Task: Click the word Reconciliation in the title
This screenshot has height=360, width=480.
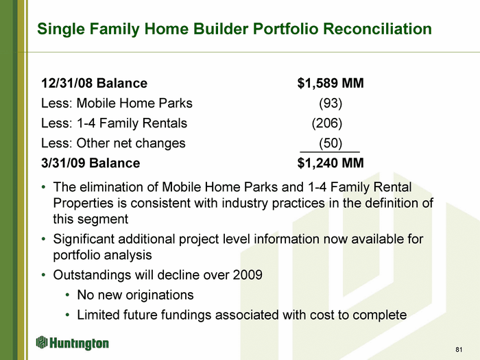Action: click(x=377, y=29)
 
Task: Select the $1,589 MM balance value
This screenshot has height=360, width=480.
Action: click(x=331, y=83)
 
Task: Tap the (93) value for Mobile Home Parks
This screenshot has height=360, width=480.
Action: click(x=331, y=103)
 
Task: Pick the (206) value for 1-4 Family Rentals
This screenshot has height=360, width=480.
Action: click(x=327, y=123)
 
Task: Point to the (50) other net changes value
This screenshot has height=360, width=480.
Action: click(x=331, y=143)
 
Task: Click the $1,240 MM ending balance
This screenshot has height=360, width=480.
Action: click(x=331, y=163)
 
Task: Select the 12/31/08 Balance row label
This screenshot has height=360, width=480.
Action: click(x=95, y=83)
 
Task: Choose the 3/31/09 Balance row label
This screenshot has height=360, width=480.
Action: click(x=91, y=163)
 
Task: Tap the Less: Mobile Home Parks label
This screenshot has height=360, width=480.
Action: click(x=117, y=103)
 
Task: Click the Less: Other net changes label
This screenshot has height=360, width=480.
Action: click(x=113, y=143)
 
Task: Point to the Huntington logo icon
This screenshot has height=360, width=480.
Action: click(x=42, y=342)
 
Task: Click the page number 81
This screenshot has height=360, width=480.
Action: click(x=459, y=350)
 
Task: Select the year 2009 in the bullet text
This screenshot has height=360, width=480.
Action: click(x=248, y=275)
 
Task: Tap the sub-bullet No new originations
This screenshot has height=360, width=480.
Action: click(x=135, y=295)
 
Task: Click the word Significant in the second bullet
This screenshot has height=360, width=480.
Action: click(x=83, y=239)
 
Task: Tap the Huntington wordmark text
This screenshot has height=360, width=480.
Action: click(x=79, y=344)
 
